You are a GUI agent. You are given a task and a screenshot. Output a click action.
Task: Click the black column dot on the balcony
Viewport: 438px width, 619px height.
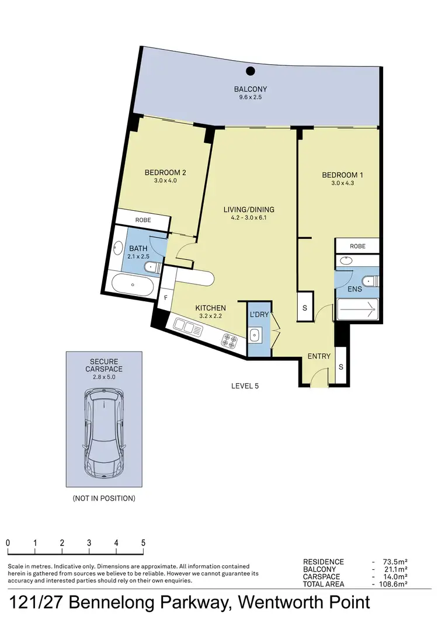click(251, 71)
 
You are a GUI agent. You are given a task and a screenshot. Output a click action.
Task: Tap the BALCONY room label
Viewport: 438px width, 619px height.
click(251, 89)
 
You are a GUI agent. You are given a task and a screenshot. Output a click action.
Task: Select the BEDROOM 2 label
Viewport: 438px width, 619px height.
click(165, 172)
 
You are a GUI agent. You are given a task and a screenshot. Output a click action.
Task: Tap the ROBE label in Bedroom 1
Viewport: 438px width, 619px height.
click(357, 246)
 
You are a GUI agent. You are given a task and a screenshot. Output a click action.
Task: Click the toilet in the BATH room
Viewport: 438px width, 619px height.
click(151, 267)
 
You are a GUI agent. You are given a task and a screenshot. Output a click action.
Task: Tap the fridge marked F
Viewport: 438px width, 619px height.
click(166, 298)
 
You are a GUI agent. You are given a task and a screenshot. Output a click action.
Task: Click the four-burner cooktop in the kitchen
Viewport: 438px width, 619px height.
click(230, 340)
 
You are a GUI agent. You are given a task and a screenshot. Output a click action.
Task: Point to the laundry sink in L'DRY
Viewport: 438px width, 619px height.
click(255, 335)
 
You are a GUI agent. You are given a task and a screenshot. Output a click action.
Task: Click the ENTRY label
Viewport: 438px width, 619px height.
click(319, 356)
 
